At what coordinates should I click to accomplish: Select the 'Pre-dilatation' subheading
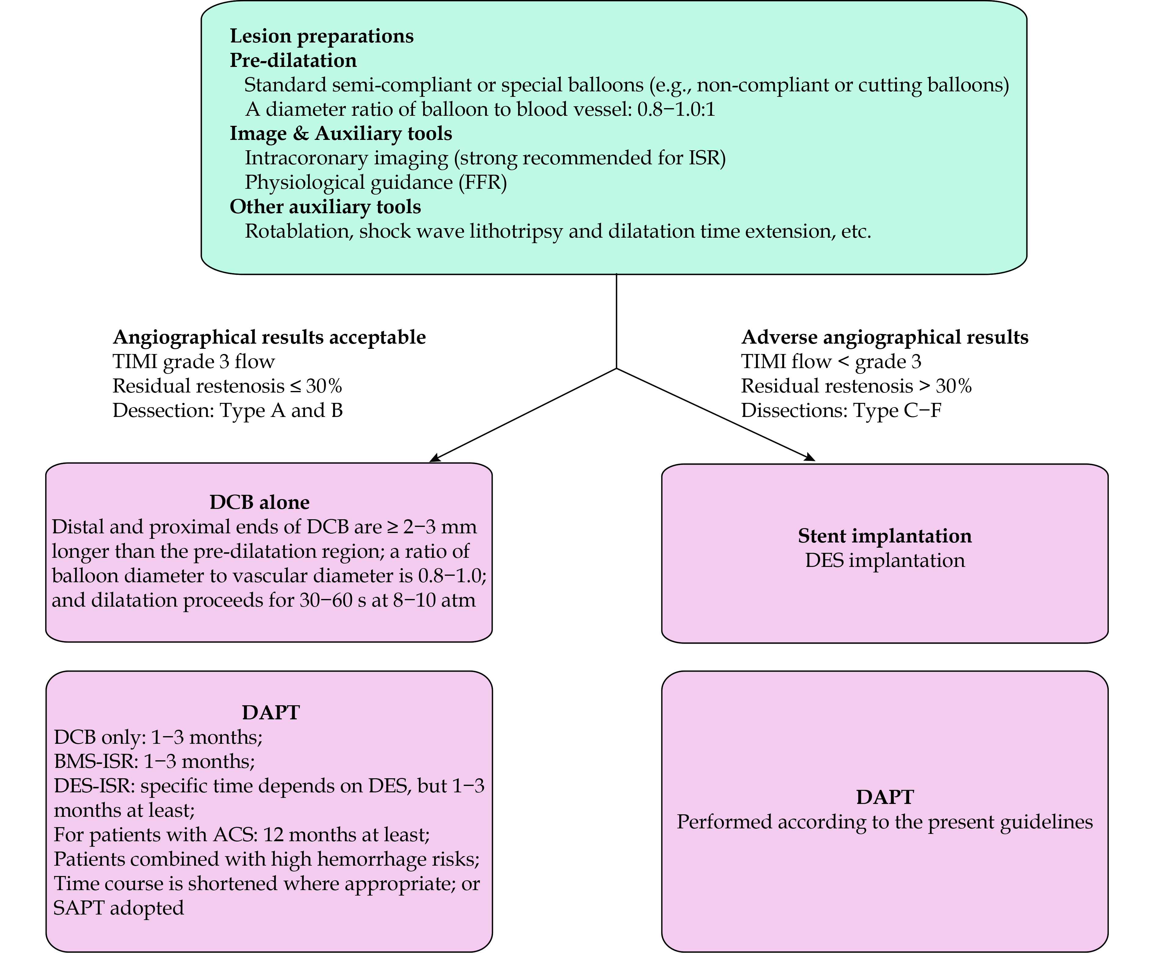[293, 60]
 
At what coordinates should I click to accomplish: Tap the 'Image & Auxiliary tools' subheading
[341, 133]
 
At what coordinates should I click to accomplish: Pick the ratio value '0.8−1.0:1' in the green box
[676, 110]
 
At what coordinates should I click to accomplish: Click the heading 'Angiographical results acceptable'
[269, 337]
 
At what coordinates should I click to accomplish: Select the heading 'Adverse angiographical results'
[884, 337]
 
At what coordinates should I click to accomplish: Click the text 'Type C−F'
[898, 411]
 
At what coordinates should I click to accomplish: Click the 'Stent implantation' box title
[884, 536]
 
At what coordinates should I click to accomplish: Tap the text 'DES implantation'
[884, 560]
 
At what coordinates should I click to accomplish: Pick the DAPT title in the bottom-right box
[884, 797]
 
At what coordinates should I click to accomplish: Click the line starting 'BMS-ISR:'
[155, 761]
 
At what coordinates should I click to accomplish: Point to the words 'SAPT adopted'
[118, 908]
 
